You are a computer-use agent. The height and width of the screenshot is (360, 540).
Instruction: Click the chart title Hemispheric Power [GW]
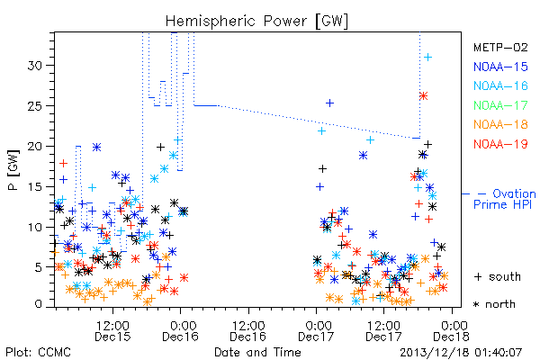click(256, 22)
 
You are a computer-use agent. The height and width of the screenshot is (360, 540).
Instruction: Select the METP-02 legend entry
click(500, 48)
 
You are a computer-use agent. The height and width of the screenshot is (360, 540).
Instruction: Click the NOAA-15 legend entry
click(500, 67)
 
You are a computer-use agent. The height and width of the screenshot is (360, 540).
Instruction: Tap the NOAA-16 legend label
click(500, 86)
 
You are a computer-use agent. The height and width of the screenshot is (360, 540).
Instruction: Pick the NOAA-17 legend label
click(500, 105)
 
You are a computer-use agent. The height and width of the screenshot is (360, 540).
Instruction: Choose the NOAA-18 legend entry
click(500, 125)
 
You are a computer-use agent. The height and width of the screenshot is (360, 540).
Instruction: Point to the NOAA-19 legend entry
click(500, 144)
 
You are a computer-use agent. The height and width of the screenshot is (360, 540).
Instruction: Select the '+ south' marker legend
click(498, 276)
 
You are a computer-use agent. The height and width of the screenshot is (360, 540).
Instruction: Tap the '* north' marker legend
click(494, 304)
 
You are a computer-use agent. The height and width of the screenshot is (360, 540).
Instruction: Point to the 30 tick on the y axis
click(35, 66)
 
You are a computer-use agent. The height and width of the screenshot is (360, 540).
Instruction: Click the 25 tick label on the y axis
click(35, 106)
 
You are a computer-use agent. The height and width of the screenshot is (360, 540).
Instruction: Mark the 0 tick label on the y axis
click(39, 304)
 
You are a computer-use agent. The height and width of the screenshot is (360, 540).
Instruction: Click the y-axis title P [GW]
click(13, 170)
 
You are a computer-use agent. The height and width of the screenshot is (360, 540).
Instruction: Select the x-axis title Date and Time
click(257, 353)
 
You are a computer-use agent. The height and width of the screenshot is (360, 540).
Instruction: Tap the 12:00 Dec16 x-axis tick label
click(248, 331)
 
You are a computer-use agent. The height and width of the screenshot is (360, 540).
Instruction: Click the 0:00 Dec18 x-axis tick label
click(451, 331)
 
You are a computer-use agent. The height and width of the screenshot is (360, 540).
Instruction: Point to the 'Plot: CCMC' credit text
click(38, 353)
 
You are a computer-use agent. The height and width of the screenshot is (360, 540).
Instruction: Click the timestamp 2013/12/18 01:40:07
click(461, 353)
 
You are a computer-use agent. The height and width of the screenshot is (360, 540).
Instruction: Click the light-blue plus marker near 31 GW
click(427, 58)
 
